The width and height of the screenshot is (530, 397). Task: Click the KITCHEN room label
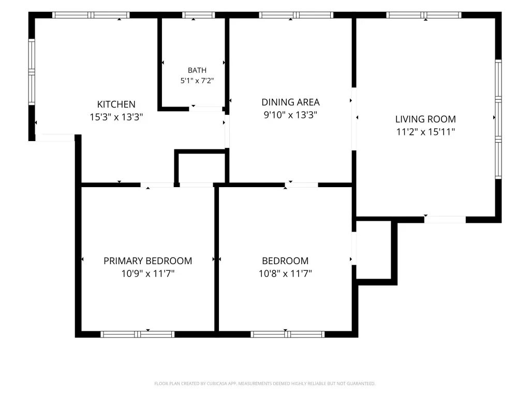click(116, 104)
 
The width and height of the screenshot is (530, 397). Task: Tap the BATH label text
click(197, 70)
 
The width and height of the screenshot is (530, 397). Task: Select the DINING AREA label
click(291, 102)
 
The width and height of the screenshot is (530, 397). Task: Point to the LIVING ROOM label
click(425, 119)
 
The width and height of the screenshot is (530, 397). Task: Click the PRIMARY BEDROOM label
click(148, 261)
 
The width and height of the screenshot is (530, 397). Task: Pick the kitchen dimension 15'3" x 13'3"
click(116, 117)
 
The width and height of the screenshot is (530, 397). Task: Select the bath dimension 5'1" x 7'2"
click(197, 81)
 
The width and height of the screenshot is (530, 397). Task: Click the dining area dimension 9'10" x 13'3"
click(290, 115)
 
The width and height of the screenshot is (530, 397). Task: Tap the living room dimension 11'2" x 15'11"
click(425, 132)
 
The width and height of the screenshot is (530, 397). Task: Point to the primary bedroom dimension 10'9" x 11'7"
click(148, 273)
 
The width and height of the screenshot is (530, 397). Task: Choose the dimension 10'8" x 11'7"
click(285, 273)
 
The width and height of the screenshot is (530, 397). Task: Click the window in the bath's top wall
click(198, 15)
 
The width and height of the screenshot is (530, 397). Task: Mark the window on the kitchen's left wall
click(32, 71)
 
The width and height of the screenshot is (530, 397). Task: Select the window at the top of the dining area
click(296, 15)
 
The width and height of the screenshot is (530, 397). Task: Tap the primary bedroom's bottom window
click(138, 334)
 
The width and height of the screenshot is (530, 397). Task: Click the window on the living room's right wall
click(498, 119)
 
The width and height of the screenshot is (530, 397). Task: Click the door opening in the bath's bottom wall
click(205, 109)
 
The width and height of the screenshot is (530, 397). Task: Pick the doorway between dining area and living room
click(354, 119)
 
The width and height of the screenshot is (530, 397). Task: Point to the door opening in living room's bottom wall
click(445, 219)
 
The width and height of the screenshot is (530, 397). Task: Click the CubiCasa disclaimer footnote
click(264, 384)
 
